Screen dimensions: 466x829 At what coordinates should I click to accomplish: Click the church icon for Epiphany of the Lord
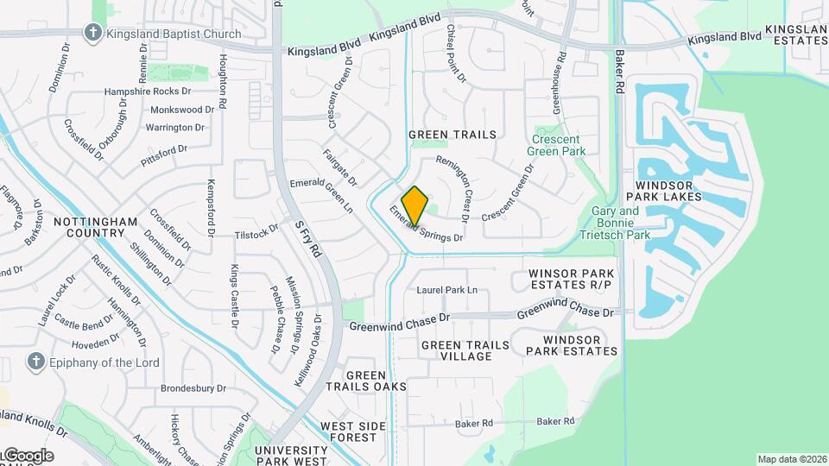pyautogui.click(x=36, y=362)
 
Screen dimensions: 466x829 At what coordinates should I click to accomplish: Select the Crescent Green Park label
pyautogui.click(x=558, y=145)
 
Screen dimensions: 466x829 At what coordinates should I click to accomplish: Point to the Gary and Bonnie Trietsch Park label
pyautogui.click(x=620, y=223)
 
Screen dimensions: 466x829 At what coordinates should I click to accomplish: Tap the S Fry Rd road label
pyautogui.click(x=307, y=239)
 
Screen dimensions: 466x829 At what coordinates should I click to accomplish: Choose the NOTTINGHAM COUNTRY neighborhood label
pyautogui.click(x=95, y=228)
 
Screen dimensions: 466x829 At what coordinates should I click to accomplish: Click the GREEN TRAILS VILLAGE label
pyautogui.click(x=465, y=350)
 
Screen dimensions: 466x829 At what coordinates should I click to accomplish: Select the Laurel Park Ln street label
pyautogui.click(x=446, y=290)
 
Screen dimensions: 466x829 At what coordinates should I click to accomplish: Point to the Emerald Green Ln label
pyautogui.click(x=321, y=195)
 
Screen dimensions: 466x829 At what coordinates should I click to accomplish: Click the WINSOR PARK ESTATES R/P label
pyautogui.click(x=571, y=279)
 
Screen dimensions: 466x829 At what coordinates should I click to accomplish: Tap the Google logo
pyautogui.click(x=28, y=456)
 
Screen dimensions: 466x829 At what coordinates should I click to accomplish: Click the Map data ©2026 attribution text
pyautogui.click(x=790, y=459)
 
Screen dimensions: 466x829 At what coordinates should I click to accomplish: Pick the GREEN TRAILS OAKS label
pyautogui.click(x=377, y=381)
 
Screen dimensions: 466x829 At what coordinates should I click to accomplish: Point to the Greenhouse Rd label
pyautogui.click(x=557, y=83)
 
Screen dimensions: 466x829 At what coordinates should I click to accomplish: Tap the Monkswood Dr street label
pyautogui.click(x=181, y=110)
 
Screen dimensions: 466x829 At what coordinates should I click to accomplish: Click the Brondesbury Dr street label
pyautogui.click(x=193, y=388)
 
